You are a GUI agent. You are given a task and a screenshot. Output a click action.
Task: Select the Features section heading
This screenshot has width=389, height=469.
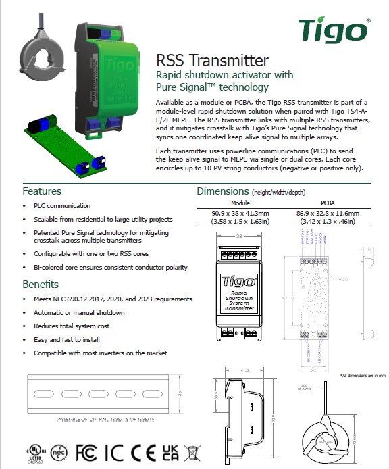(42, 191)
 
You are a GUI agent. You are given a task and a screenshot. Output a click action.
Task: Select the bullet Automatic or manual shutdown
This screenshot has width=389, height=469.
(79, 312)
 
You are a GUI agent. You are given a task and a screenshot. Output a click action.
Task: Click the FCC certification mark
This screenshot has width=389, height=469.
(87, 449)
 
